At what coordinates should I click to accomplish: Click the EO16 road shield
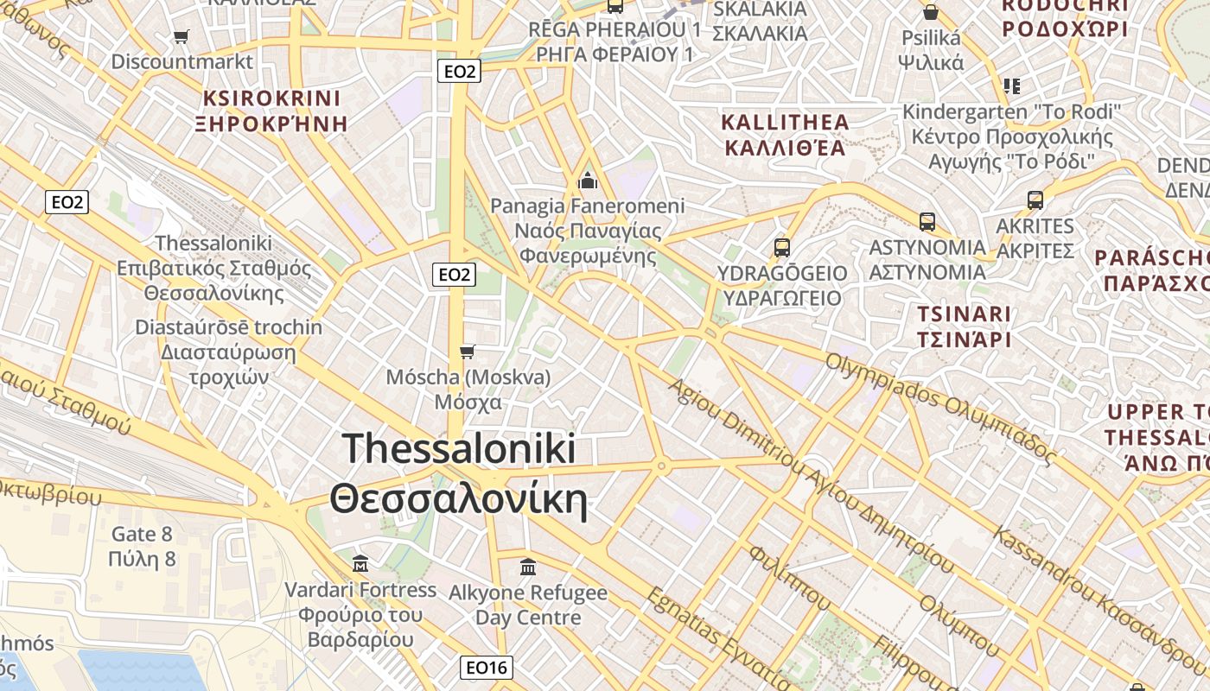486,667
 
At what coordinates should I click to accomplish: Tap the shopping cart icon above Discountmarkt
181,36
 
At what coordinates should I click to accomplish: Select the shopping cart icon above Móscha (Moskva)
468,351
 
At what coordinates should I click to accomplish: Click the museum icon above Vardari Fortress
360,564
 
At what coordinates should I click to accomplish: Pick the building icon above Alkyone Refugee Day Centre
528,567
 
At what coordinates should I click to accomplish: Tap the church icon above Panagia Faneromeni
588,181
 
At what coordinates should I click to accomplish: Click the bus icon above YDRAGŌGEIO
781,248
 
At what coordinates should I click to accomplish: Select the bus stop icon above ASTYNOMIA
927,222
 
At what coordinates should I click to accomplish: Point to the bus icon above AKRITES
1035,200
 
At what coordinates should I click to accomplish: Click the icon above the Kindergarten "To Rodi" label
1012,86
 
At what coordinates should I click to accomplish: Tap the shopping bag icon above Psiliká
931,12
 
